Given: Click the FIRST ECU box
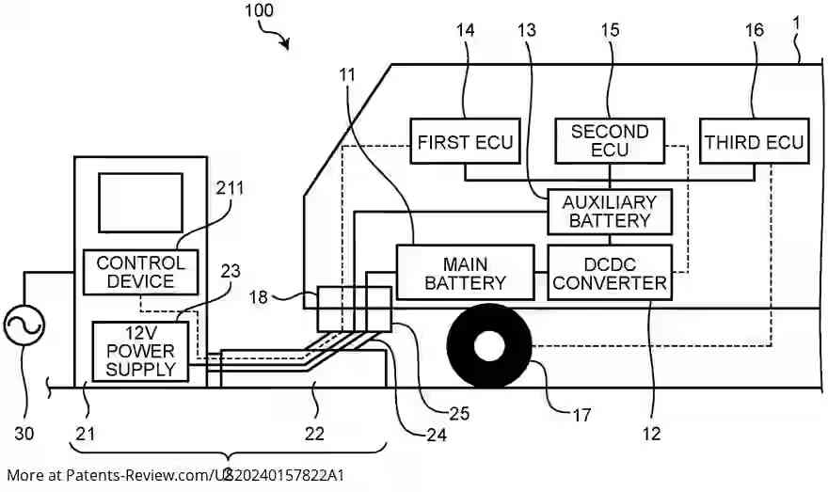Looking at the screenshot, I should [x=465, y=142].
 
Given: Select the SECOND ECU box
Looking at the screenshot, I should [x=610, y=141].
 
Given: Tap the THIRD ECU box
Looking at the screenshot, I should [x=754, y=142].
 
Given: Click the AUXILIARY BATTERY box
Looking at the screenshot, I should [x=610, y=211].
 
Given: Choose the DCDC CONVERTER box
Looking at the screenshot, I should [x=610, y=272].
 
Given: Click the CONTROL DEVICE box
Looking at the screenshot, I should [x=141, y=272].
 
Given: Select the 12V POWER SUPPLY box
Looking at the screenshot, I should [x=140, y=351].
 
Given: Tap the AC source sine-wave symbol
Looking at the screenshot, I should [x=24, y=326].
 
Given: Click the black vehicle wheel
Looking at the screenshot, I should [x=488, y=346].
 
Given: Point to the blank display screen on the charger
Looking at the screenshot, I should [x=140, y=201].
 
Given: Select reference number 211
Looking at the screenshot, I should [x=229, y=188].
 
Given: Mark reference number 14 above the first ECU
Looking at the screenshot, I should [x=466, y=30].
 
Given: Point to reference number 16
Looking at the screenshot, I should [x=755, y=30].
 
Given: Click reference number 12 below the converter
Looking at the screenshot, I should [x=651, y=433].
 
